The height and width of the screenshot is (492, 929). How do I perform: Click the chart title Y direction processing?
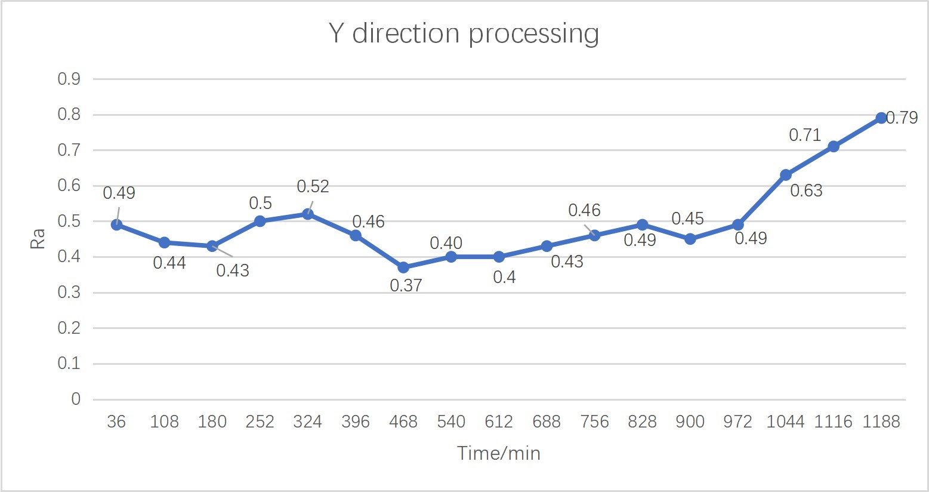(x=464, y=33)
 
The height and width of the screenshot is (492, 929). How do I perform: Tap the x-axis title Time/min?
(x=499, y=453)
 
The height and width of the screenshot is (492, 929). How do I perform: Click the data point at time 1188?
(x=881, y=118)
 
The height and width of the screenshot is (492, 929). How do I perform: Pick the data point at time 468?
(x=403, y=267)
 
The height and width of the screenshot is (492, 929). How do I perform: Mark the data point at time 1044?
(x=786, y=175)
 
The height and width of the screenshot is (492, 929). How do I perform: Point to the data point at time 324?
(x=308, y=214)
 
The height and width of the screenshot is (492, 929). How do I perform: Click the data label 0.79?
(x=902, y=118)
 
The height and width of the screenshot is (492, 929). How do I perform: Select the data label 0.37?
(x=406, y=285)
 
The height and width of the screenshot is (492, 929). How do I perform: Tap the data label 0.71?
(x=805, y=135)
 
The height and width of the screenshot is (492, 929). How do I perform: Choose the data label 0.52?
(x=313, y=187)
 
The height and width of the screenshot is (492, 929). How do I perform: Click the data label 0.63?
(x=806, y=190)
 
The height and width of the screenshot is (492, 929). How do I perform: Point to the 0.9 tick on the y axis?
(x=69, y=79)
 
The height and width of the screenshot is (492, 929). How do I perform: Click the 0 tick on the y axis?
(x=76, y=399)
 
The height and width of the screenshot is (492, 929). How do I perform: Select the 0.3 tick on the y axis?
(x=69, y=293)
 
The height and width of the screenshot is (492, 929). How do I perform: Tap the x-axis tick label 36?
(x=116, y=422)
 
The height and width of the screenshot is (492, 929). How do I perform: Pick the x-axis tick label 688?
(x=547, y=422)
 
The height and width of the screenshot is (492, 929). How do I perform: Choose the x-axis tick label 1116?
(x=834, y=422)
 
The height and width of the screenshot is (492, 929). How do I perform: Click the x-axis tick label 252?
(x=260, y=422)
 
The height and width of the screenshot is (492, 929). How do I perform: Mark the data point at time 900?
(x=690, y=239)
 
